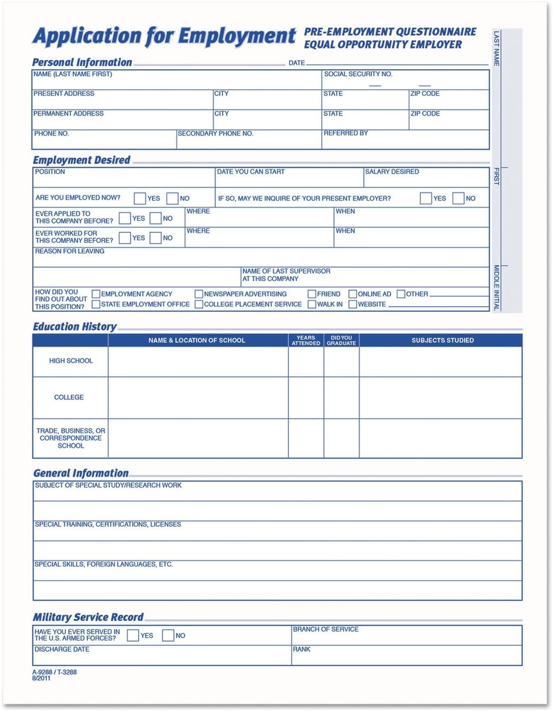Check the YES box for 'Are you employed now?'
pos(140,198)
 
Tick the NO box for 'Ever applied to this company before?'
pos(156,218)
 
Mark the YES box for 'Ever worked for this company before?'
pos(125,238)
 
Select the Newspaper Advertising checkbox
pos(199,294)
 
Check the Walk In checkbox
pos(312,304)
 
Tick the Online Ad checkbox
pos(353,294)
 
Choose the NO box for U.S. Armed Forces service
pos(168,635)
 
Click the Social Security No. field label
pos(358,74)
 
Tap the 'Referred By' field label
pos(346,133)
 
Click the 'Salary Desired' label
pos(392,172)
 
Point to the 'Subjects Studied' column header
pos(443,340)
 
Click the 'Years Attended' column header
pos(306,340)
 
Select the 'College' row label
pos(69,397)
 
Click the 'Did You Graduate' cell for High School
pos(342,361)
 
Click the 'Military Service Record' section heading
pos(88,617)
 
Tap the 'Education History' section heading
pos(74,327)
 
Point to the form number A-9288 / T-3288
pos(55,672)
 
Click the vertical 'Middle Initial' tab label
pos(496,287)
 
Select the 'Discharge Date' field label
pos(62,649)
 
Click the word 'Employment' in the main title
pos(237,36)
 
